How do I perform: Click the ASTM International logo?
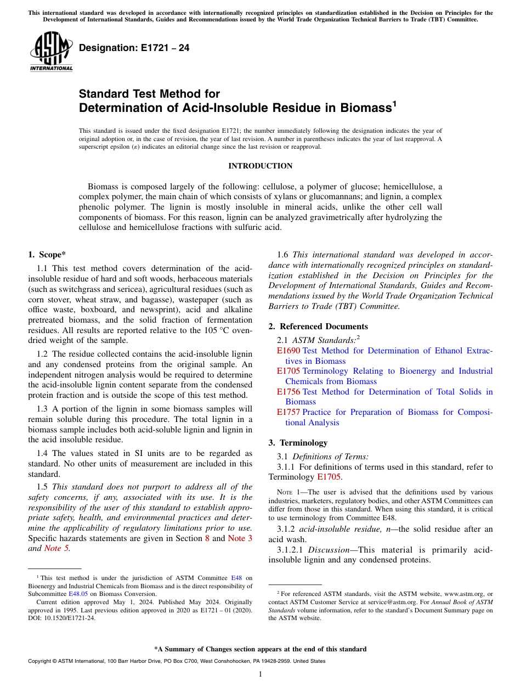pos(51,52)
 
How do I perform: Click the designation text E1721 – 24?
pos(134,48)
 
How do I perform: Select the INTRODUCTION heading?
pos(260,166)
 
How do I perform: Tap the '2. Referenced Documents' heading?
pos(318,327)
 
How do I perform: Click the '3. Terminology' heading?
pos(298,443)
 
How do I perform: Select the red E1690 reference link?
pos(288,351)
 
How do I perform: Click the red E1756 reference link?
pos(288,392)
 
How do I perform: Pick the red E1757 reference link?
pos(288,412)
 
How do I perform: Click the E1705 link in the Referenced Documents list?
pos(288,371)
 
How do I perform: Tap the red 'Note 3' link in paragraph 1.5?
pos(240,538)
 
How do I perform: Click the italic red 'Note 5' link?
pos(56,548)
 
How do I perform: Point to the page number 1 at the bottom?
pos(260,674)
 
